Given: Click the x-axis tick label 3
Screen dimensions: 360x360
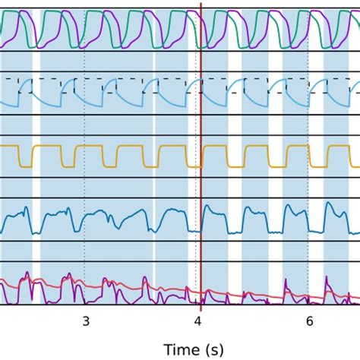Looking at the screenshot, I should tap(85, 321).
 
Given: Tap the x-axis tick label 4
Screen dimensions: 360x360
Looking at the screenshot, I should tap(197, 321).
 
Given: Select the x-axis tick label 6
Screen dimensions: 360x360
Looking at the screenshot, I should tap(309, 321).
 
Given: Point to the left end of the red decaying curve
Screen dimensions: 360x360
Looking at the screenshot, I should tap(2, 281).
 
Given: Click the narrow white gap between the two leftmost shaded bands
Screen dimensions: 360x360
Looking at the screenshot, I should tap(36, 152).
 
